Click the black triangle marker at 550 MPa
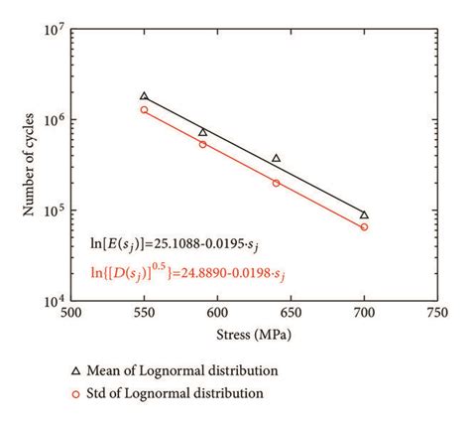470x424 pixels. click(x=145, y=96)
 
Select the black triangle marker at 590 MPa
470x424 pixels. click(x=203, y=132)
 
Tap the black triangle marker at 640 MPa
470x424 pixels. click(x=276, y=158)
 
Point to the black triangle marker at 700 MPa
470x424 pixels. click(x=364, y=214)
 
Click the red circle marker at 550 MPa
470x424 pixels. click(x=145, y=109)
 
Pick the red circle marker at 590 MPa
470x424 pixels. click(x=203, y=144)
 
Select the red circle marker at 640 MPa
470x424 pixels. click(x=276, y=183)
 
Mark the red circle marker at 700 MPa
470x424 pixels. click(x=364, y=226)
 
